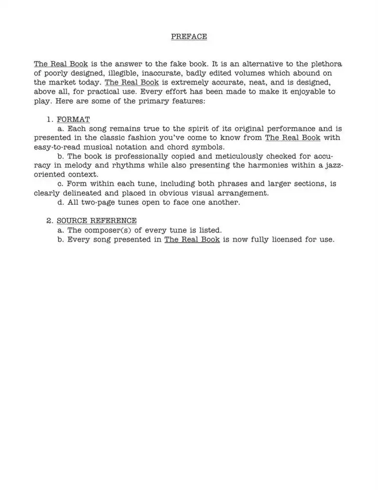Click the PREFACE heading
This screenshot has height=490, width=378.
tap(189, 36)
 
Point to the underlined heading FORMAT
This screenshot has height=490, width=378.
tap(73, 119)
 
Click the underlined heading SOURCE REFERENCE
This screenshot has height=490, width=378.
tap(97, 221)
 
